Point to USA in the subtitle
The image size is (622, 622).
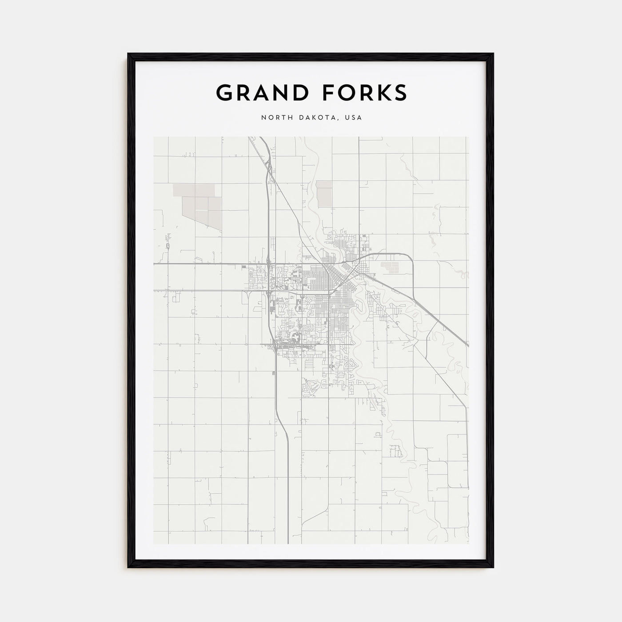[x=354, y=118]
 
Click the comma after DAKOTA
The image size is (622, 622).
[x=341, y=120]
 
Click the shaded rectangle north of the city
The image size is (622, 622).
[x=324, y=193]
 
